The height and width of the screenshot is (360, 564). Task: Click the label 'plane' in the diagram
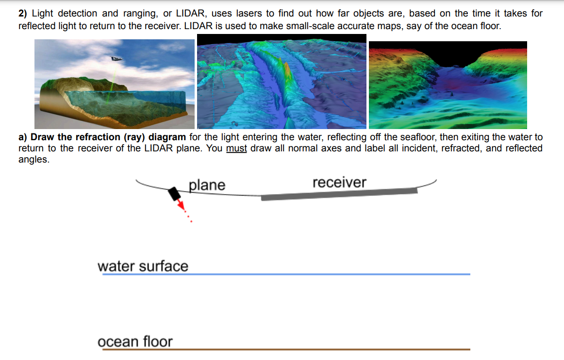pos(207,185)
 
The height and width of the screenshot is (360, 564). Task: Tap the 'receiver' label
pos(339,182)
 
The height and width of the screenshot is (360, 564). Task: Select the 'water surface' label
pos(143,266)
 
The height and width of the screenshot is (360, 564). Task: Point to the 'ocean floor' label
pos(135,342)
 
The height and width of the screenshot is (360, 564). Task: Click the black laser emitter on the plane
pos(174,194)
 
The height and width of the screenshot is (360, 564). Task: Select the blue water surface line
pos(286,275)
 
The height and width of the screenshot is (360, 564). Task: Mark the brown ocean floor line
pos(286,349)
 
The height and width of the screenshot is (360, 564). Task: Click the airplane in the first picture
pos(116,59)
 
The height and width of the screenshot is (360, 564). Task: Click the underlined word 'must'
pos(236,148)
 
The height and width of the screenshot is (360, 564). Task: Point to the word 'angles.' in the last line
pos(34,159)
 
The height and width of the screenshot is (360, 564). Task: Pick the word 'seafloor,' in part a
pos(419,137)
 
